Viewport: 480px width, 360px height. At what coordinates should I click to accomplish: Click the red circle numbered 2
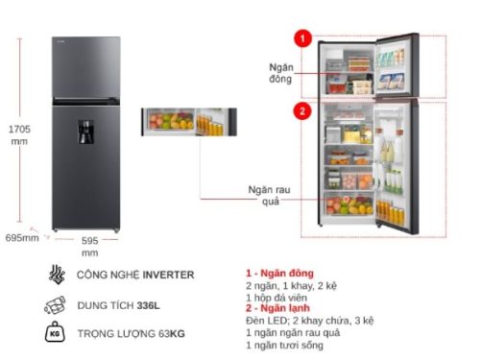click(x=302, y=111)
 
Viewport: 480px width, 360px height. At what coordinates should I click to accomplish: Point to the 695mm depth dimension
click(x=22, y=236)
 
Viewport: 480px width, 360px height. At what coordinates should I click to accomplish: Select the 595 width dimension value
click(x=89, y=242)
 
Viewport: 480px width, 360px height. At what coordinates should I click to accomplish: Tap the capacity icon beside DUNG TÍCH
click(x=55, y=307)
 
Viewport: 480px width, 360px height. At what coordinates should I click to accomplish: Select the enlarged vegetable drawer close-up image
click(x=187, y=121)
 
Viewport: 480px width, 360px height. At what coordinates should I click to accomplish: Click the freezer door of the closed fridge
click(x=86, y=65)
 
